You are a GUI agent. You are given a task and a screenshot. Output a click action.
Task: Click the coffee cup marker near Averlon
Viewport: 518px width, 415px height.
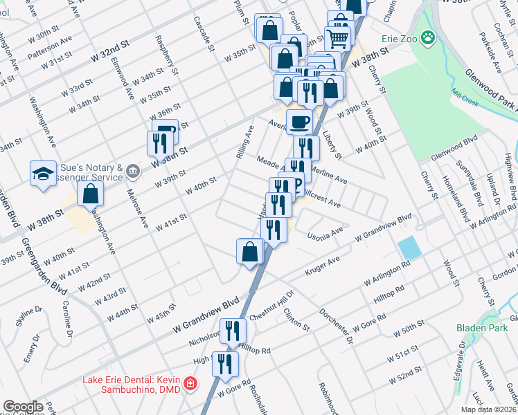298,122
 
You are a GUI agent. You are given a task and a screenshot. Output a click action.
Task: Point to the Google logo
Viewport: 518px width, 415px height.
23,406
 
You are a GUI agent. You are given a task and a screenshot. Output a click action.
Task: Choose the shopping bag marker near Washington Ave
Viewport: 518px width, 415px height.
91,193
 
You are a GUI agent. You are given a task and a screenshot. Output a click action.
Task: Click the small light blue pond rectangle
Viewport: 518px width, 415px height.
408,247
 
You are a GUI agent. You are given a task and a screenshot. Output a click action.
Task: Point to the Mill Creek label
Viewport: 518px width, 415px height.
474,95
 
